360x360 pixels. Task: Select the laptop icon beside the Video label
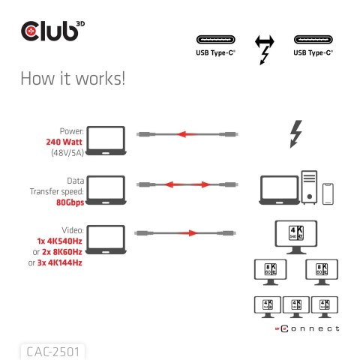tap(108, 235)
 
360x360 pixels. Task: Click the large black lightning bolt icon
tap(295, 135)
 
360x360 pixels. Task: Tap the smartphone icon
tap(328, 194)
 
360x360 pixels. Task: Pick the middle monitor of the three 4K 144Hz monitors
tap(295, 306)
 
